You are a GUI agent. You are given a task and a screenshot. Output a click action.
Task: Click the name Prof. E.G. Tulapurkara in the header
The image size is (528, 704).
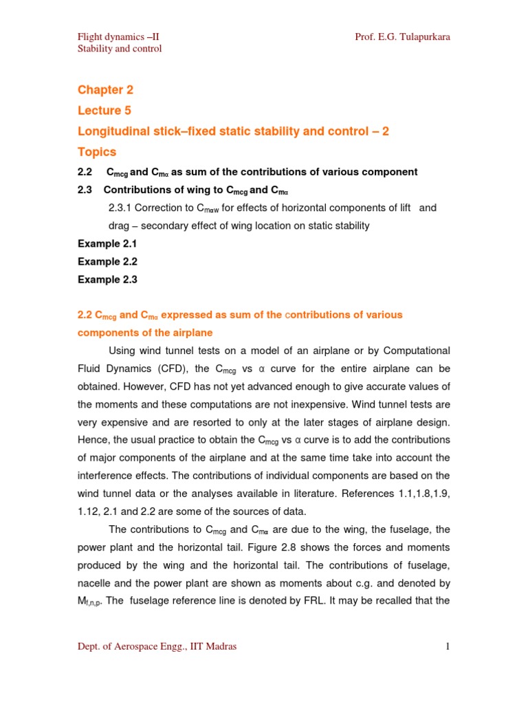pos(402,36)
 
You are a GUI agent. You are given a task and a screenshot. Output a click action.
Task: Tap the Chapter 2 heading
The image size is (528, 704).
pos(105,89)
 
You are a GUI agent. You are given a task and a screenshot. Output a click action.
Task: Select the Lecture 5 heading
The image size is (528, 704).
pos(104,110)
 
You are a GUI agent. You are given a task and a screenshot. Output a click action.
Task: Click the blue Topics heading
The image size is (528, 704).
pos(97,151)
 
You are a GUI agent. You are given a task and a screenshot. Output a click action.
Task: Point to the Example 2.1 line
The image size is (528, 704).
pos(107,243)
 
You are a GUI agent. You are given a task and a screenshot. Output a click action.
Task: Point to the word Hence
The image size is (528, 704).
pos(93,439)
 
